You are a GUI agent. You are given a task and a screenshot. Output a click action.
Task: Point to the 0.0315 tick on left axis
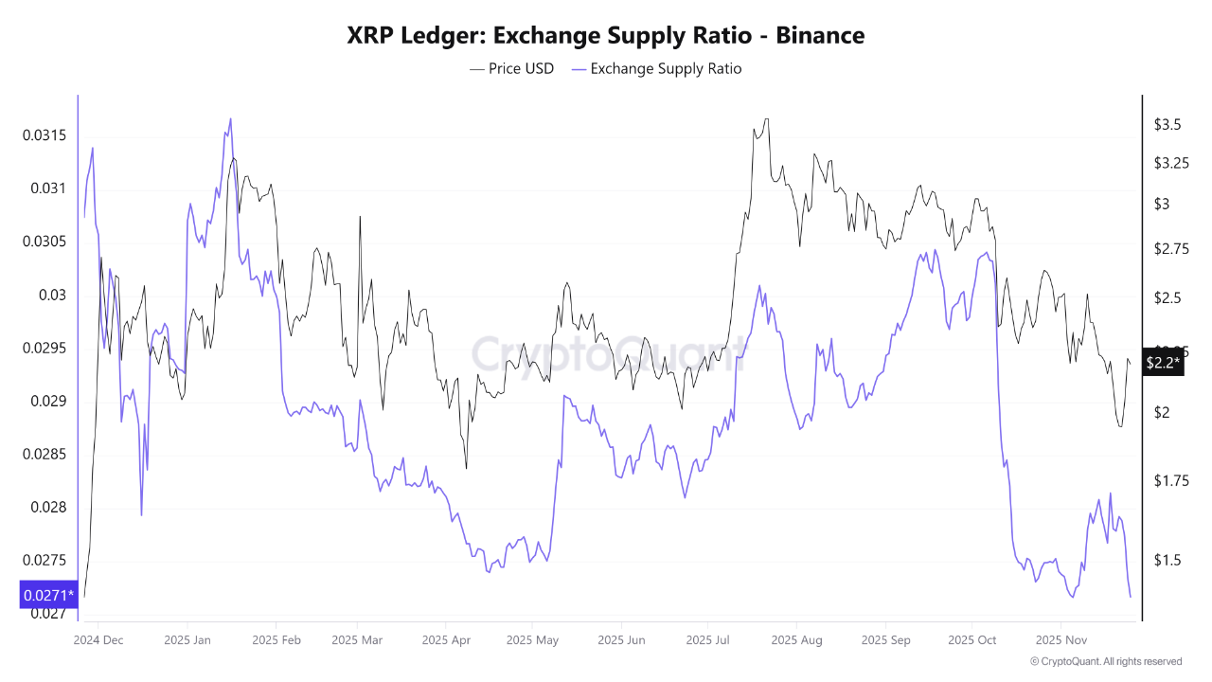(x=45, y=135)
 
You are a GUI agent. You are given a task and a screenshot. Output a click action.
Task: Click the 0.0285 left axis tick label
(x=45, y=454)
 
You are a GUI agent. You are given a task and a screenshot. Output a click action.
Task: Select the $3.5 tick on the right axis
(x=1167, y=124)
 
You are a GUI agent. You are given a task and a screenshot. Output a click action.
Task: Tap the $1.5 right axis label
(x=1167, y=560)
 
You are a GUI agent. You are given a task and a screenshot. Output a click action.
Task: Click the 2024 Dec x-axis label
(x=98, y=640)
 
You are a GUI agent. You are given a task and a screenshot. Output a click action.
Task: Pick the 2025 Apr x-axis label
(x=448, y=640)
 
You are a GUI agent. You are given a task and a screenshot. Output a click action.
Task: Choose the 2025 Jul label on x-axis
(x=710, y=640)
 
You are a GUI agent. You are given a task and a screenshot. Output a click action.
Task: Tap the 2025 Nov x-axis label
(x=1061, y=640)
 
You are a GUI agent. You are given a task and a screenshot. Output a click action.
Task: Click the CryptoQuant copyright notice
(x=1105, y=661)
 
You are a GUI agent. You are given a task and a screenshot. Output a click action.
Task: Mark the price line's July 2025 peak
(x=765, y=119)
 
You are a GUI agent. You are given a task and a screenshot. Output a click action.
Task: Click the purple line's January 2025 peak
(x=230, y=119)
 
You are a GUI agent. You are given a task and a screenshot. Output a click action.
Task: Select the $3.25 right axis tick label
(x=1170, y=163)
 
